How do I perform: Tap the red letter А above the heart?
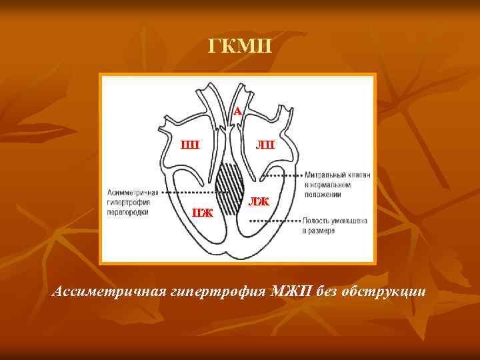point(237,111)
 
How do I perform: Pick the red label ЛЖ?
point(259,201)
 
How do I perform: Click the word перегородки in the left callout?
point(127,212)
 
